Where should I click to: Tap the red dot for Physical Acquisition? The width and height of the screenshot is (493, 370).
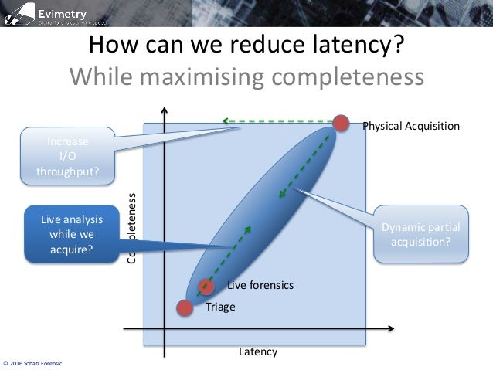[341, 123]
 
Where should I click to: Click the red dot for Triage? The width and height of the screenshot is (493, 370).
[184, 307]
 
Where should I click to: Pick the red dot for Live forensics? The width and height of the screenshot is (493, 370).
[206, 287]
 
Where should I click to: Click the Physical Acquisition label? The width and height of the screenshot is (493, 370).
[411, 126]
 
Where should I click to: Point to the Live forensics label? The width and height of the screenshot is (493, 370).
[260, 285]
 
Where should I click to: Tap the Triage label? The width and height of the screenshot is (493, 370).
[220, 307]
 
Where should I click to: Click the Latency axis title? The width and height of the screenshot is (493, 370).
[257, 351]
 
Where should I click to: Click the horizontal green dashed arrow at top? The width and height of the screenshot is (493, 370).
[278, 121]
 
